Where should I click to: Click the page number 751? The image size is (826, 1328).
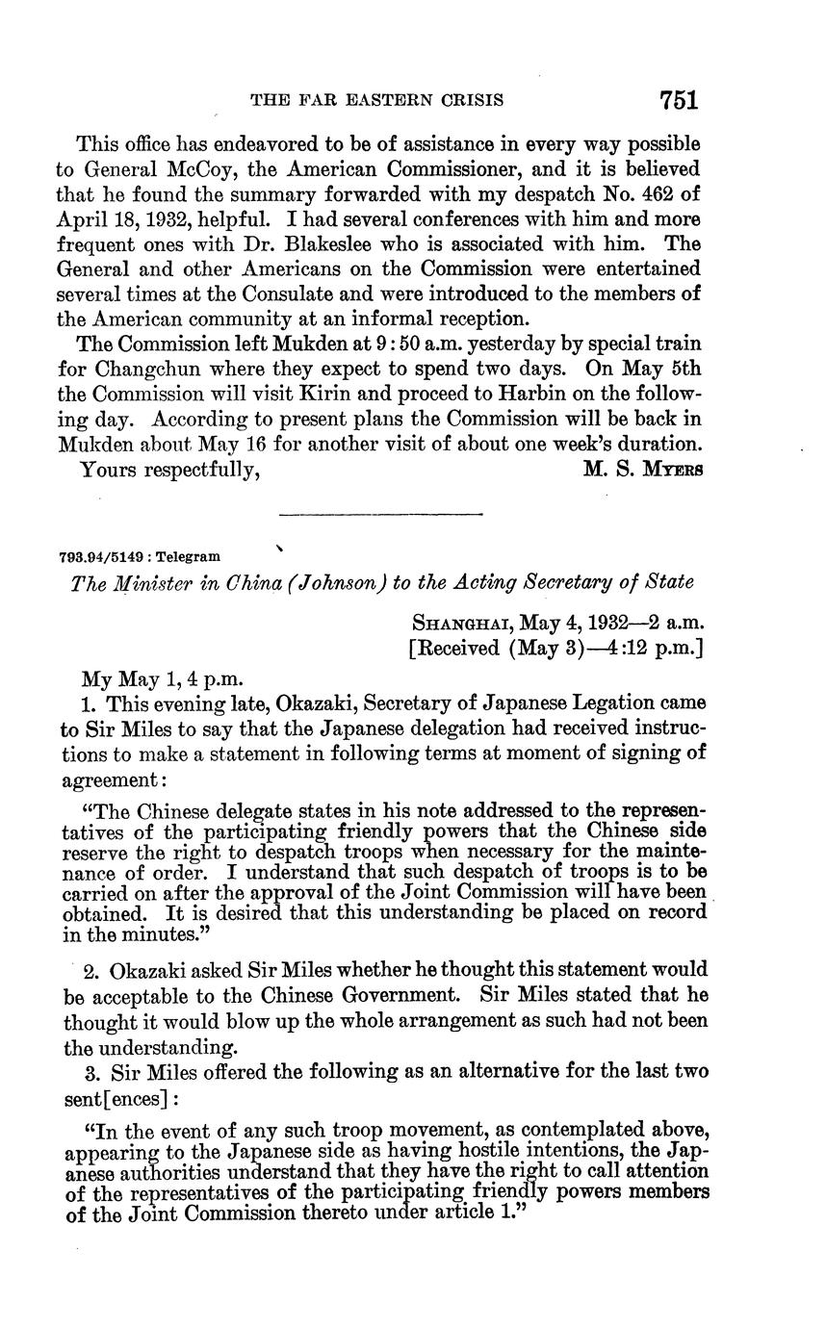[678, 99]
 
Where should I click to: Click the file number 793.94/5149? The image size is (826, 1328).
[103, 555]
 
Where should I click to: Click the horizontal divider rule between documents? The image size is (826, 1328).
[379, 515]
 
